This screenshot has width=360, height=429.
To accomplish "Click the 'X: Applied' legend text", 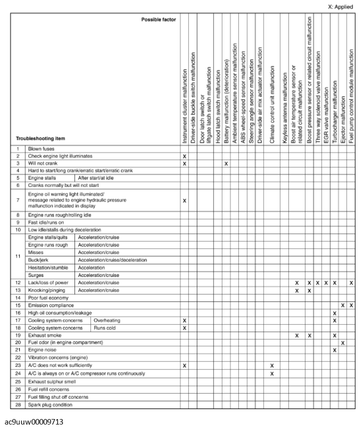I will tap(341, 7).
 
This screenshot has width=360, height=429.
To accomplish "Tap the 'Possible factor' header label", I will tap(159, 20).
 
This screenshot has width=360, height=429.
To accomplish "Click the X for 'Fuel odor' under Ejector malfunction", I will tap(343, 343).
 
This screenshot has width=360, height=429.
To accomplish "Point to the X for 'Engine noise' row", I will tap(335, 350).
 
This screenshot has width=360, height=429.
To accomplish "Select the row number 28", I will tap(18, 405).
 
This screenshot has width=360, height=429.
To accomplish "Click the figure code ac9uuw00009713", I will tap(34, 422).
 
